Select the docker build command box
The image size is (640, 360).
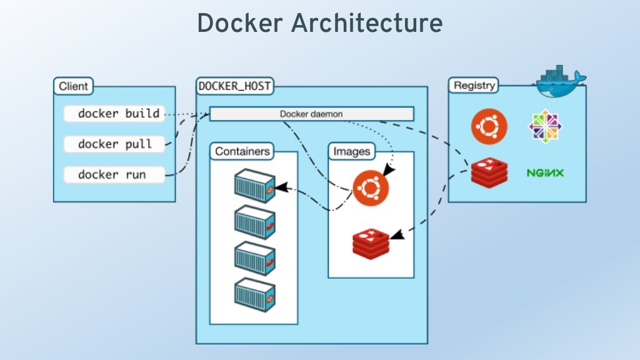tap(115, 114)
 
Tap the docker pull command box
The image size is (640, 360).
tap(115, 144)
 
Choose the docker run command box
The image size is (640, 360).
tap(115, 174)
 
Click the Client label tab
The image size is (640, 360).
tap(74, 86)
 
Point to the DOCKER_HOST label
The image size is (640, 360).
tap(234, 86)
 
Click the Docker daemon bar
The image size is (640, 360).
tap(311, 114)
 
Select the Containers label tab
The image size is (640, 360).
tap(242, 151)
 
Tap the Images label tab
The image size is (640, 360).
tap(351, 151)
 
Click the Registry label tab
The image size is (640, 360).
tap(474, 86)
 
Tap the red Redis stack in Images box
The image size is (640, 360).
tap(371, 243)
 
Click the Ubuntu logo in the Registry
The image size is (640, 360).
tap(489, 126)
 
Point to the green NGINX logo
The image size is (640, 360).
tap(545, 172)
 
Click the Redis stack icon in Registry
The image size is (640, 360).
tap(489, 172)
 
